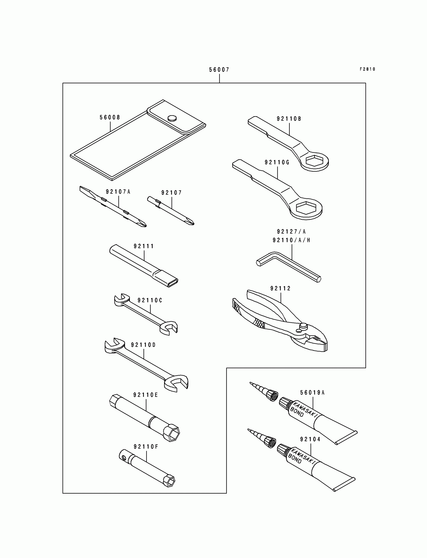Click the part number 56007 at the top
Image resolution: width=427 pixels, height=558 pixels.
(219, 70)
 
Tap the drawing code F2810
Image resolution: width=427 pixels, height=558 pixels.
(367, 69)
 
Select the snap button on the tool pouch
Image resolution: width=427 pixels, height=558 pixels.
(172, 118)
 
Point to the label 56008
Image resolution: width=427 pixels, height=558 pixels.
(110, 117)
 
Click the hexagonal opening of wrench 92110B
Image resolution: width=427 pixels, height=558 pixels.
(315, 160)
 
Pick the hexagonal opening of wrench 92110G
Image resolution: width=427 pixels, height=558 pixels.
(307, 208)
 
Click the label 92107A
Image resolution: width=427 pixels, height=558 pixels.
(118, 192)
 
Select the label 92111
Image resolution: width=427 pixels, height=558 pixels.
(144, 246)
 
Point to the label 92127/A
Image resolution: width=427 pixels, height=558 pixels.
(291, 232)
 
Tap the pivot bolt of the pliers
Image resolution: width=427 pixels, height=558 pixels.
(303, 326)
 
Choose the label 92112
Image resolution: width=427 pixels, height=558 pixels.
(280, 288)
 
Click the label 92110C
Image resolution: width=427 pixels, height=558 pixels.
(150, 300)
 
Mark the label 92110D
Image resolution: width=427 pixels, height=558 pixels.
(143, 345)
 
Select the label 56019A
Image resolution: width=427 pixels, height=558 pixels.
(312, 393)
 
